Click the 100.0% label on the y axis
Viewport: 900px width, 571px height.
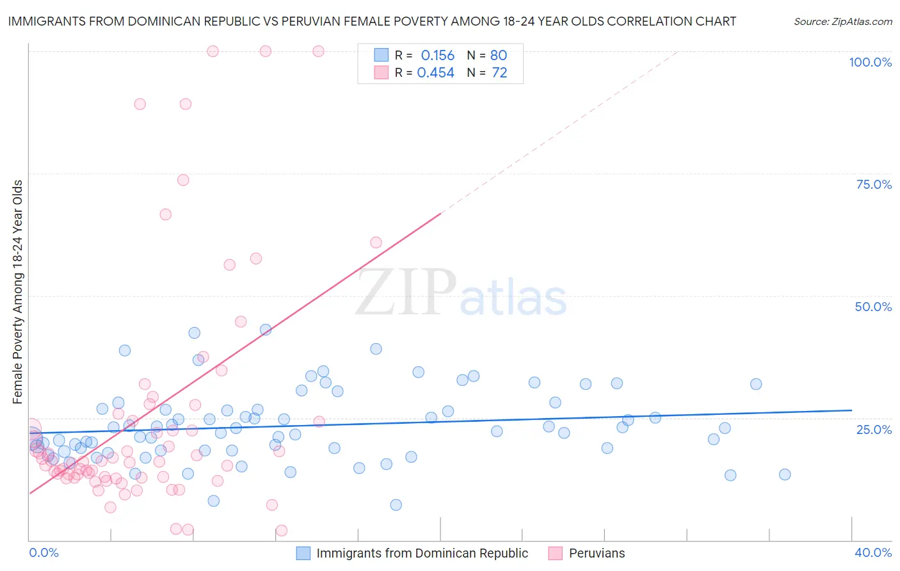870,62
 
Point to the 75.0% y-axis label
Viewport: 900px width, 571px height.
874,184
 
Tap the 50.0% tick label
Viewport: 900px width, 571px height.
873,307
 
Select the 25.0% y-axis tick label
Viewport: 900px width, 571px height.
874,429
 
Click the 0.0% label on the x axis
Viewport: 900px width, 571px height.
44,552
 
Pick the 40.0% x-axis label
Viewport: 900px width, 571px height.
873,552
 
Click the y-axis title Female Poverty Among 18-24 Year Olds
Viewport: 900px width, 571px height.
18,292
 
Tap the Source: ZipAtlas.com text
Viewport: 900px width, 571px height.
842,21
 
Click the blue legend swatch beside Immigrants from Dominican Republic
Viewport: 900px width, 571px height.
303,553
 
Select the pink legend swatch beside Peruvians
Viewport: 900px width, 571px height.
556,553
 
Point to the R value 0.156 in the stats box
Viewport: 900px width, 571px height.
437,56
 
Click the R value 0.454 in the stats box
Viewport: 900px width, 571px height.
435,73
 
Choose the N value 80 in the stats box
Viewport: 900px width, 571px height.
499,56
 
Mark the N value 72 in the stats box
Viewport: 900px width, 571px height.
499,73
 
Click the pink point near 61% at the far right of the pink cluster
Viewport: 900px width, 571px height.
376,243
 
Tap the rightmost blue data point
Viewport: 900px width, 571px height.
785,474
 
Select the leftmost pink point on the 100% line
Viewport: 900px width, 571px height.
213,51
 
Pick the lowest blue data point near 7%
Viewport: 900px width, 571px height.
396,505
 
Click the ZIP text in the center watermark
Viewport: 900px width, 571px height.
406,293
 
